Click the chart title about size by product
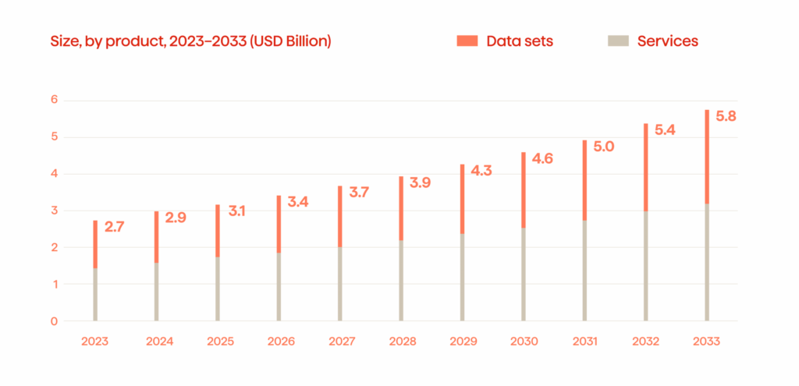(x=192, y=41)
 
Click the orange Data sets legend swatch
(x=467, y=41)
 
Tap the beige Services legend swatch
(x=617, y=41)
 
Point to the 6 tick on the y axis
(x=55, y=100)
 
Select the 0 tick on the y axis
(x=55, y=320)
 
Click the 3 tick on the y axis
(x=55, y=211)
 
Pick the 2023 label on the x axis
(x=95, y=342)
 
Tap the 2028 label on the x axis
(x=401, y=342)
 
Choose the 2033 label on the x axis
(x=707, y=342)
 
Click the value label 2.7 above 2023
(x=115, y=228)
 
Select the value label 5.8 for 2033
(x=726, y=117)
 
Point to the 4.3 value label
(x=481, y=172)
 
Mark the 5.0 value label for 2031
(x=604, y=147)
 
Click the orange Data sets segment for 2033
(x=707, y=156)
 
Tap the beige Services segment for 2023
(x=95, y=295)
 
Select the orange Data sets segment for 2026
(x=279, y=224)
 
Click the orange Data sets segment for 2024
(x=156, y=237)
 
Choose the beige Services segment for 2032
(x=646, y=266)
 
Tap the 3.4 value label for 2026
(x=298, y=203)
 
